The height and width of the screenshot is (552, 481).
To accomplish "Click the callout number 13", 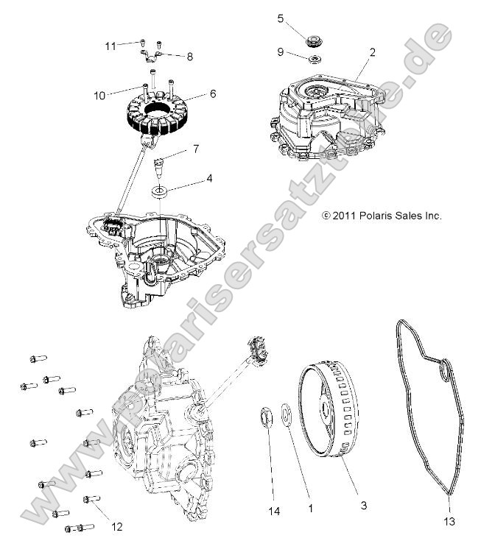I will (x=450, y=522).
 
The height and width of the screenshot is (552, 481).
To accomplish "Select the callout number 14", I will (x=275, y=509).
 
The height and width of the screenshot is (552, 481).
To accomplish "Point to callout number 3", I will (x=362, y=506).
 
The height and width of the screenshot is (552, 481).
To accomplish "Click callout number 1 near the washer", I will (x=310, y=508).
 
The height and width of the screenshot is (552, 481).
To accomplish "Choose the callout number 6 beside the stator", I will (x=212, y=94).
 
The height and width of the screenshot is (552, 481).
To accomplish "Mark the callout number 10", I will (x=196, y=149).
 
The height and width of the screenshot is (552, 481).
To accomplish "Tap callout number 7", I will (x=99, y=94).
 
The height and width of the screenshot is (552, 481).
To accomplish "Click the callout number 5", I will (x=280, y=18).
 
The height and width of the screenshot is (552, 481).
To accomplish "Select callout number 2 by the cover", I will (x=373, y=52).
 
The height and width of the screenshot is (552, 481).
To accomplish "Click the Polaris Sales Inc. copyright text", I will (x=382, y=216).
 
